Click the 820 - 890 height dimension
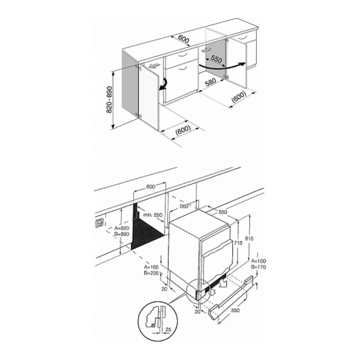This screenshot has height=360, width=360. [x=109, y=99]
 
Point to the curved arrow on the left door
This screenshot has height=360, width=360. [x=164, y=85]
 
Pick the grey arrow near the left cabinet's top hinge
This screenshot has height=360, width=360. [x=154, y=66]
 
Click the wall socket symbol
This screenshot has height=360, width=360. [x=100, y=223]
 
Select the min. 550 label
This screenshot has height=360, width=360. [x=153, y=215]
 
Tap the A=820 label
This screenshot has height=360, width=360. [x=122, y=228]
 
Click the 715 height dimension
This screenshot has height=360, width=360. [x=238, y=243]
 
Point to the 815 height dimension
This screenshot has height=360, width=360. [x=249, y=239]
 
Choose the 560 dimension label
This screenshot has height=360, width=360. [x=184, y=206]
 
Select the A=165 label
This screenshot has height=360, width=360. [x=151, y=267]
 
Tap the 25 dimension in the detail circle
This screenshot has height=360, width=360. [x=168, y=330]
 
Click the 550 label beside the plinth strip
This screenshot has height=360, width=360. [x=235, y=310]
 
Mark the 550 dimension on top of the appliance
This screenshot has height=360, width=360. [x=222, y=212]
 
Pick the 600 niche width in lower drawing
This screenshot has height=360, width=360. [x=150, y=186]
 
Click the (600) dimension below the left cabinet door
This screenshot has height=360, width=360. [x=183, y=130]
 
